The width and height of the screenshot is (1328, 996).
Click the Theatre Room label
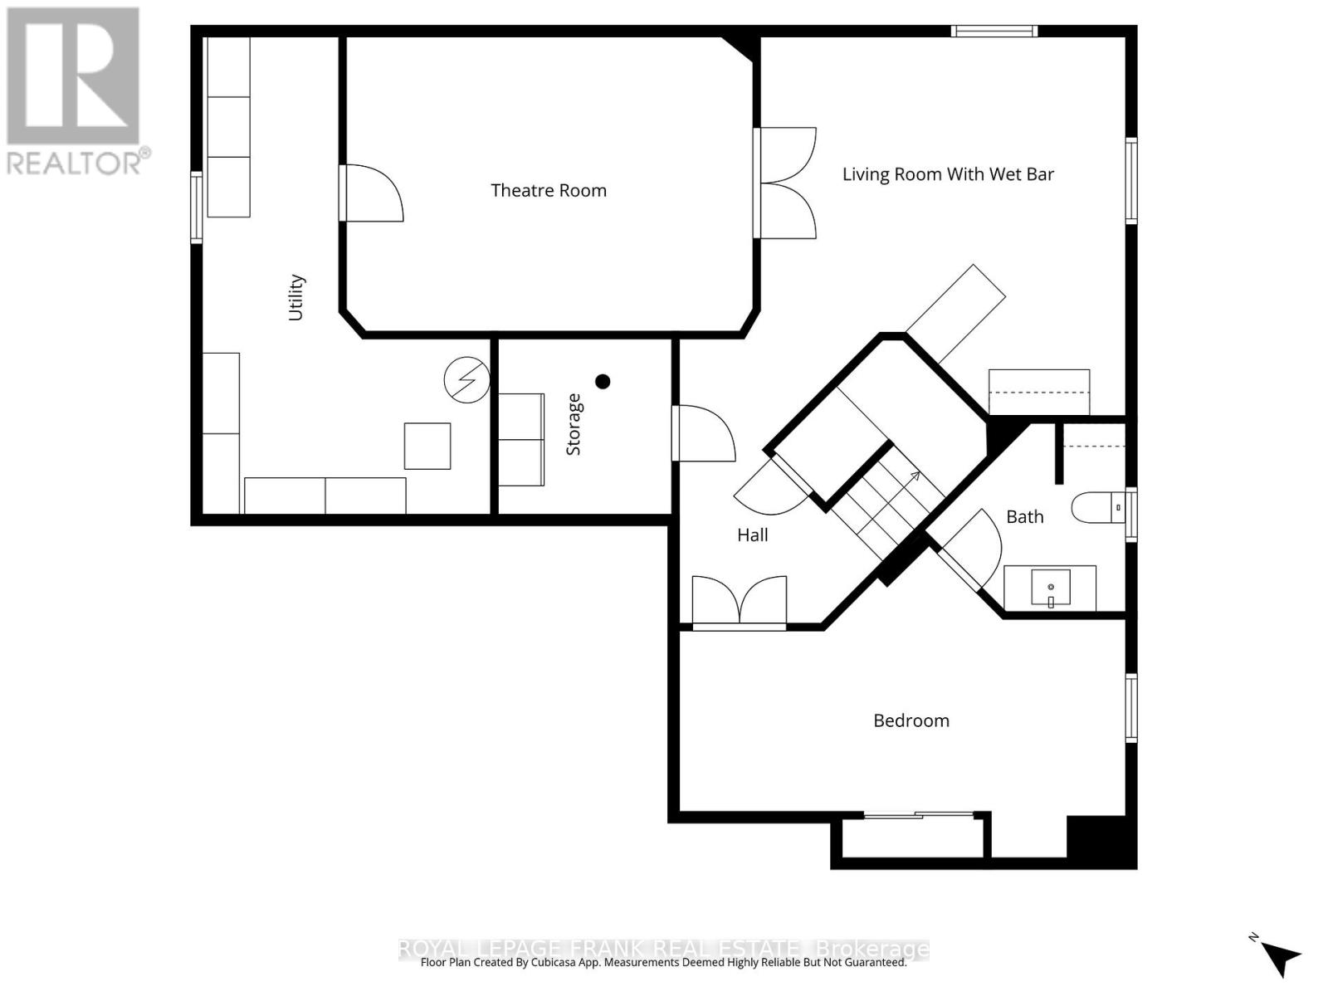[x=548, y=191]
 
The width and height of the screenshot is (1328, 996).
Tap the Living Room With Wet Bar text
[x=948, y=174]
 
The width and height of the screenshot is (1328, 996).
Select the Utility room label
[x=296, y=297]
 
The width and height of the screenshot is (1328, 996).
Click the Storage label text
[x=574, y=424]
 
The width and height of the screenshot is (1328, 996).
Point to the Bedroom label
[x=911, y=720]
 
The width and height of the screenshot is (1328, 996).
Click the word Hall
[x=752, y=535]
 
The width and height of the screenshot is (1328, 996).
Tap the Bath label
[x=1024, y=517]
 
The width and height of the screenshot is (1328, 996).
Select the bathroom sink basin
[x=1051, y=588]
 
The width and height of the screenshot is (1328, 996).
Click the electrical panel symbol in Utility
[x=466, y=381]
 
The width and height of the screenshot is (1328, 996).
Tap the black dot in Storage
[x=603, y=382]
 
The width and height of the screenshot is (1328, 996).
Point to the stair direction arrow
[x=913, y=476]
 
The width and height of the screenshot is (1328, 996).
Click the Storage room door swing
[x=704, y=432]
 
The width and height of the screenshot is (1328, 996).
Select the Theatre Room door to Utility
[x=372, y=193]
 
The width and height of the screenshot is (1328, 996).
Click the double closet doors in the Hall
[x=739, y=600]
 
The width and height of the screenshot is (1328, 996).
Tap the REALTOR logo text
[x=79, y=161]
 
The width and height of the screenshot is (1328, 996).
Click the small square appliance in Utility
[x=427, y=446]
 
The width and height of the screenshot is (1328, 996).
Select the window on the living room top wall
[x=994, y=32]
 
